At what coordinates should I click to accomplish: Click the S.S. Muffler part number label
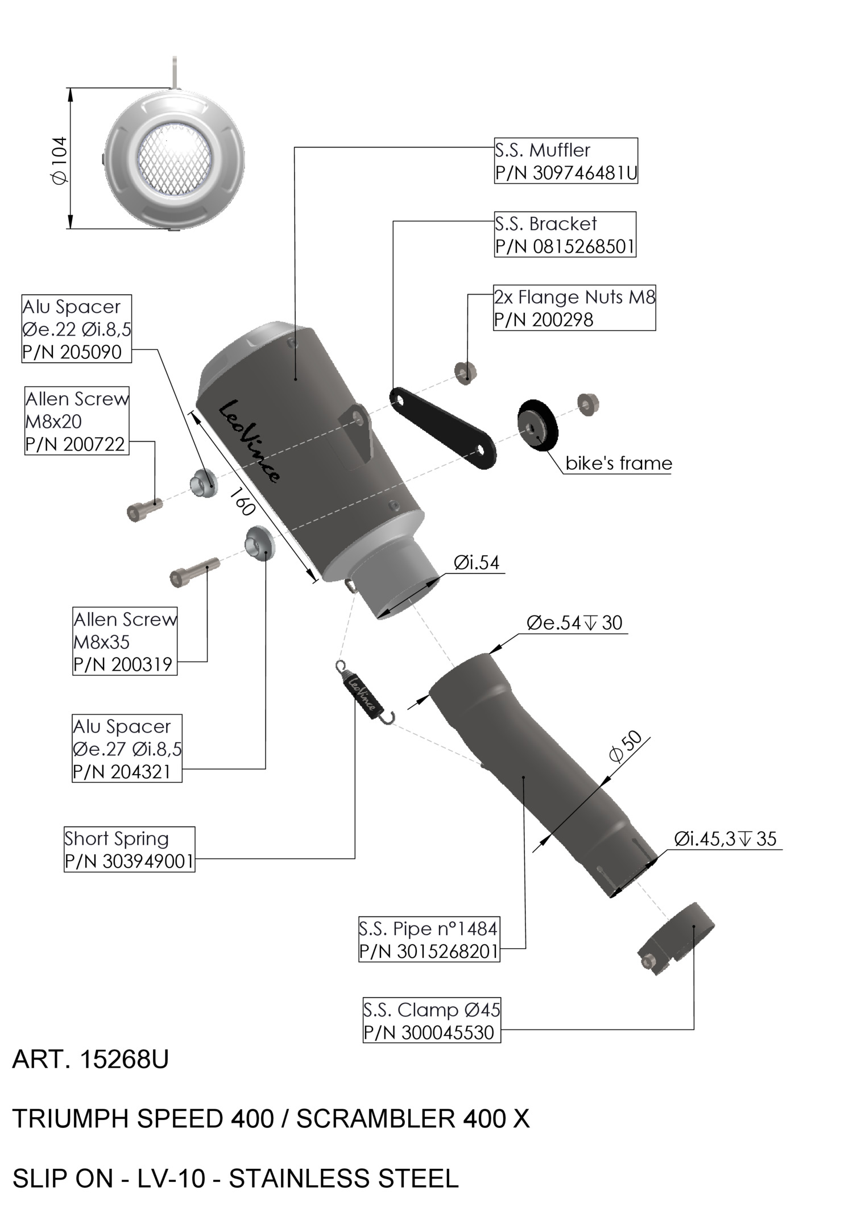[566, 161]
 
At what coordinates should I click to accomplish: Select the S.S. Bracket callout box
[565, 235]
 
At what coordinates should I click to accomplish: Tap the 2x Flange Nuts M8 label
[574, 308]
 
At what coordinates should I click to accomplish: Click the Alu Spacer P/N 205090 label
[76, 329]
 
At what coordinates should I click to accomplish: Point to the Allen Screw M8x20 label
[77, 421]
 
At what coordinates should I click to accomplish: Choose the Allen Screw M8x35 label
[125, 641]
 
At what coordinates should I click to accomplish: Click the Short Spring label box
[129, 849]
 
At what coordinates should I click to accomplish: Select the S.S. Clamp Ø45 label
[432, 1021]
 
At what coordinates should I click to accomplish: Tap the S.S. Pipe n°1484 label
[429, 940]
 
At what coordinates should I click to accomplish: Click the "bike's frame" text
[619, 464]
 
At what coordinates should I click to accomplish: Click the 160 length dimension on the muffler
[243, 502]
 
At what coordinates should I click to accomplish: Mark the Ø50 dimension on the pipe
[625, 746]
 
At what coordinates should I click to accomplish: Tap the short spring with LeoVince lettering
[362, 693]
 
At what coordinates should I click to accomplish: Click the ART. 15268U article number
[90, 1059]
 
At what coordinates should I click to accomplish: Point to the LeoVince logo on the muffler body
[249, 441]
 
